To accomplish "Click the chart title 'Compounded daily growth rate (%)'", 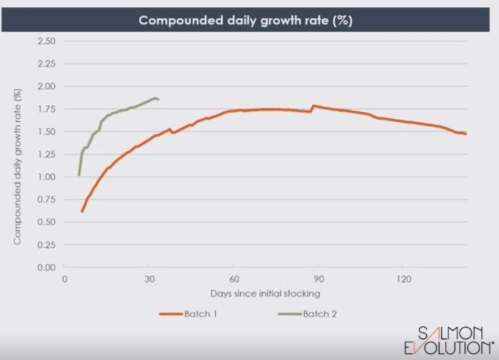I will coord(245,21).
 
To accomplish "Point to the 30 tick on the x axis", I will coord(149,279).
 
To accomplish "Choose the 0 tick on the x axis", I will coord(64,279).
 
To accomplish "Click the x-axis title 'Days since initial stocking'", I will coord(265,293).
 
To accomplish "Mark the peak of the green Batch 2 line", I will coord(155,97).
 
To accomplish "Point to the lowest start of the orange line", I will coord(82,211).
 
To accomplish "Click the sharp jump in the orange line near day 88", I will coord(312,106).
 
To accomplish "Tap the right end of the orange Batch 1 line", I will coord(466,134).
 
